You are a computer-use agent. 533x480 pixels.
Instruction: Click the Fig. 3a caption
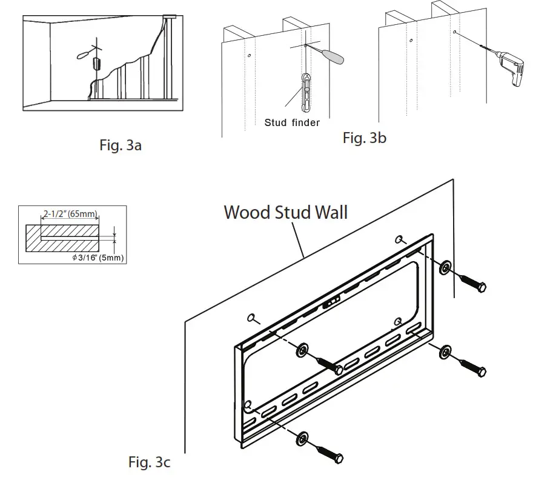click(x=120, y=145)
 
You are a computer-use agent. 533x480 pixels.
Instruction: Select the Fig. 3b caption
click(x=364, y=138)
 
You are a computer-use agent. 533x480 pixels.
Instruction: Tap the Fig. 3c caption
click(x=150, y=462)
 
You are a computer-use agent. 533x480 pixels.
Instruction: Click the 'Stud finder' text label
click(x=291, y=123)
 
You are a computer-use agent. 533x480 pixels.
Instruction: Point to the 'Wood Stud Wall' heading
click(x=285, y=212)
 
